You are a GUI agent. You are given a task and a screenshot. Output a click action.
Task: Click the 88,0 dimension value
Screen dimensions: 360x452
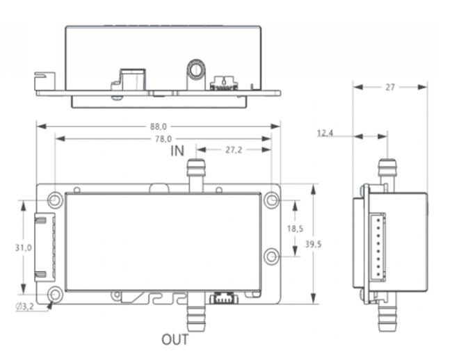coord(159,126)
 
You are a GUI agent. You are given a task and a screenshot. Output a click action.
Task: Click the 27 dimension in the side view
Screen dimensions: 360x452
coord(389,87)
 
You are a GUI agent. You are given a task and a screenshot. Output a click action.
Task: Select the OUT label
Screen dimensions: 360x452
coord(175,340)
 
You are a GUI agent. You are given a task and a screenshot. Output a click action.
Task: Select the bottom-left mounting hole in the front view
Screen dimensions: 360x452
coord(55,295)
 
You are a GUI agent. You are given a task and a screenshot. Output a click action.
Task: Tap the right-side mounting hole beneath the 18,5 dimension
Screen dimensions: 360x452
coord(271,256)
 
